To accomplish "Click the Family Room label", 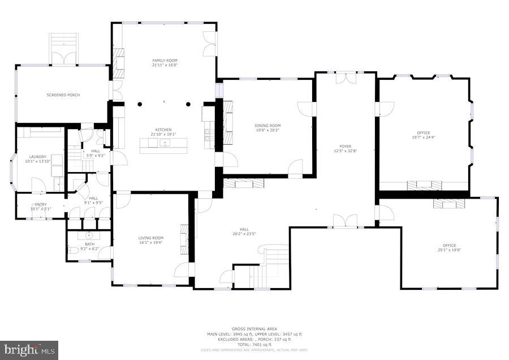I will [165, 60].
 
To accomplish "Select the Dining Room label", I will [268, 126].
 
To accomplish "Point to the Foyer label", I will [345, 147].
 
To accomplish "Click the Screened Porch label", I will [63, 95].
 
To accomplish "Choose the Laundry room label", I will [38, 157].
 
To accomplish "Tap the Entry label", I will [41, 204].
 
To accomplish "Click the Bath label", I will [89, 244].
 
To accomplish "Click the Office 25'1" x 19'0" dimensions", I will [449, 250].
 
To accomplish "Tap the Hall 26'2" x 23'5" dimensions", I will [244, 234].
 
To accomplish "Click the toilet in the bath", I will [73, 250].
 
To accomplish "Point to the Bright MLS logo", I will [29, 350].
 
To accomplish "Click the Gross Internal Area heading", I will [253, 329].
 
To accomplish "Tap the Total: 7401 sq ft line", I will [253, 345].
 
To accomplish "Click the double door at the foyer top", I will [346, 78].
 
